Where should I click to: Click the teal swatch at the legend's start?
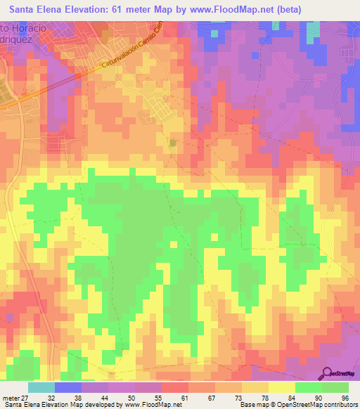tap(41, 387)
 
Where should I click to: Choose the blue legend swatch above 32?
tap(68, 387)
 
